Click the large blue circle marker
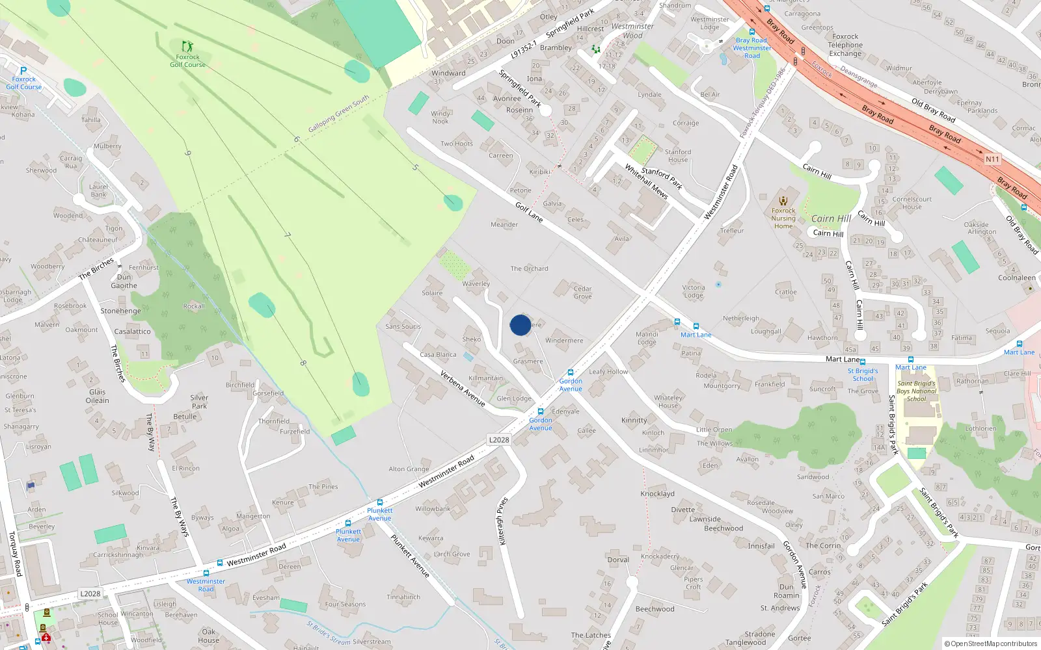point(520,325)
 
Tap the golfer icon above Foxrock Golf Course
point(187,47)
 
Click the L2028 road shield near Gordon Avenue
point(499,440)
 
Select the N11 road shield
point(992,159)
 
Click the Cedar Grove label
point(582,292)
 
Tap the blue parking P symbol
point(23,71)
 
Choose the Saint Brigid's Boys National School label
point(916,391)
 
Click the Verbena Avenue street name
point(463,388)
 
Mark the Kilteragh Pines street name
point(502,521)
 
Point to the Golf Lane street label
point(529,212)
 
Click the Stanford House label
point(677,155)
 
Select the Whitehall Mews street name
point(646,181)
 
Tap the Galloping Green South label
point(338,114)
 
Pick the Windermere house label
point(564,341)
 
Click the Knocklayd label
point(657,494)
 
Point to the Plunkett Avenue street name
point(410,556)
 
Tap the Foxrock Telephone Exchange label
point(845,45)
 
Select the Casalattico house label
point(132,331)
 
